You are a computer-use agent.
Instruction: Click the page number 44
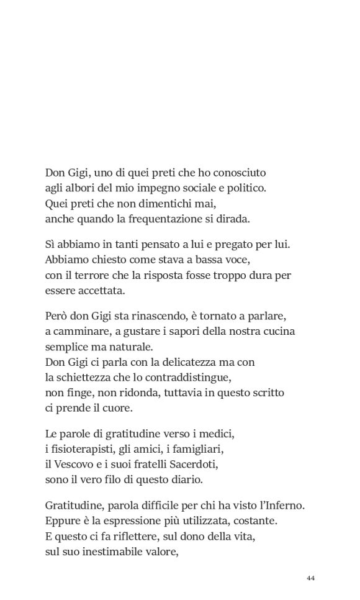tap(311, 578)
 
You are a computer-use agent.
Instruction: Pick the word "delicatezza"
tap(179, 361)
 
